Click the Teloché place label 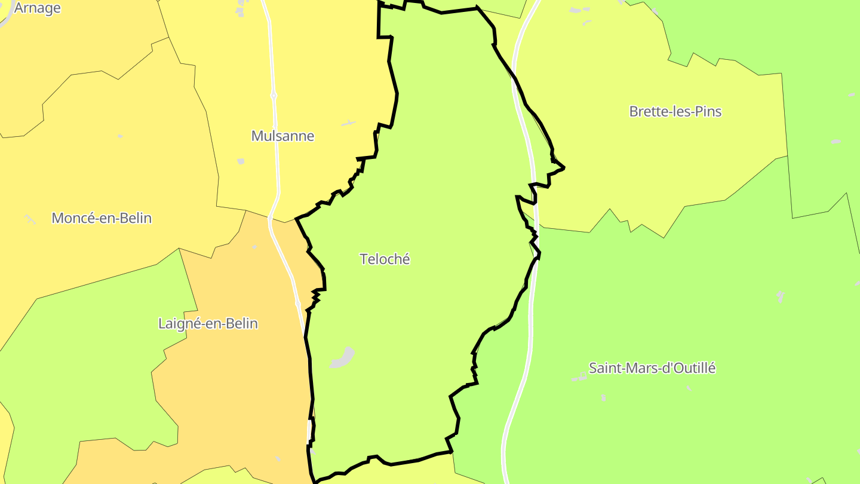tap(385, 259)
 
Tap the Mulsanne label tap(282, 136)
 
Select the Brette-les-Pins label tap(675, 112)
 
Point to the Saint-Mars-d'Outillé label tap(652, 368)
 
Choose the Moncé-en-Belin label tap(102, 218)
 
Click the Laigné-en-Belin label tap(208, 324)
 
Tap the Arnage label tap(37, 8)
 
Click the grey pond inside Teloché tap(343, 358)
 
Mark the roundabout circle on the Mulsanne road tap(274, 96)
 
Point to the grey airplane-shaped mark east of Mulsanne tap(348, 123)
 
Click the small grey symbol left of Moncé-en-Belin tap(30, 219)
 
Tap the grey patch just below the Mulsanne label tap(241, 161)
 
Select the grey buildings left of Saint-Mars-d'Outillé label tap(579, 377)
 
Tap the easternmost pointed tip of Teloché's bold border tap(564, 168)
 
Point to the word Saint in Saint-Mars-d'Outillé tap(604, 368)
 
